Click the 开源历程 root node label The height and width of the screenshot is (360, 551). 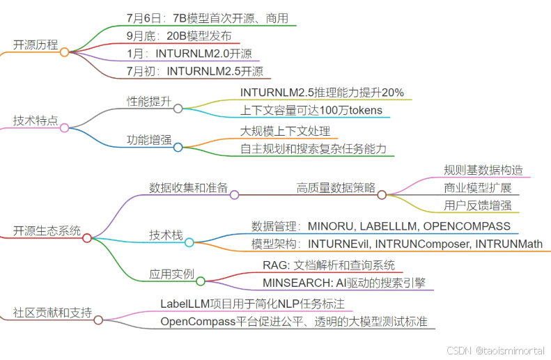tap(35, 45)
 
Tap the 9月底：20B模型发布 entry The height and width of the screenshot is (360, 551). tap(180, 36)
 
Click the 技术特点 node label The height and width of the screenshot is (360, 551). tap(35, 120)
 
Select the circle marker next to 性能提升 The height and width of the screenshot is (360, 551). tap(178, 108)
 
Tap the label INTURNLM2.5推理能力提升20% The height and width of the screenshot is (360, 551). tap(322, 93)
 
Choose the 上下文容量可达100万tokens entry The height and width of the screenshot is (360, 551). tap(311, 110)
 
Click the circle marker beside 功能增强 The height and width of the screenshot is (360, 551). tap(178, 147)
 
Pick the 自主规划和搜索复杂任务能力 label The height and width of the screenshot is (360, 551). tap(313, 148)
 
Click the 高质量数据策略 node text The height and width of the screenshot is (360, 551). tap(336, 187)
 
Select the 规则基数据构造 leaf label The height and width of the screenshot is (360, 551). tap(483, 170)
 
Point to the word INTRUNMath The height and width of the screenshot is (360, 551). tap(513, 244)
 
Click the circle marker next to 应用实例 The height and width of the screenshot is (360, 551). tap(201, 281)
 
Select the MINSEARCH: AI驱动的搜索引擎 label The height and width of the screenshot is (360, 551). tap(344, 283)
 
